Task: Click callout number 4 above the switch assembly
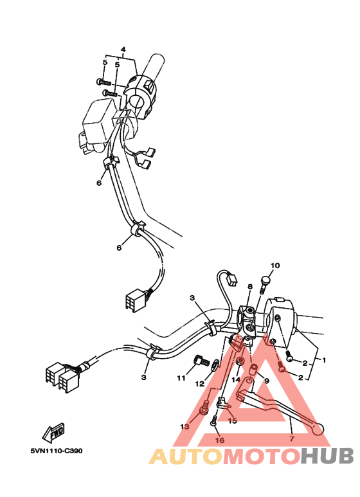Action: point(123,50)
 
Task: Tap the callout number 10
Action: point(275,266)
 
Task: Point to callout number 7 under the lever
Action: point(291,438)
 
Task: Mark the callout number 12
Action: point(200,384)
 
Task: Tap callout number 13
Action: point(185,426)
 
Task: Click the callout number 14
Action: point(235,380)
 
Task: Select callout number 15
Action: point(232,421)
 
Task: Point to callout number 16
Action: point(219,440)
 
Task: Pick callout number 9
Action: point(266,381)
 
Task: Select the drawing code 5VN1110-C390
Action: point(56,450)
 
